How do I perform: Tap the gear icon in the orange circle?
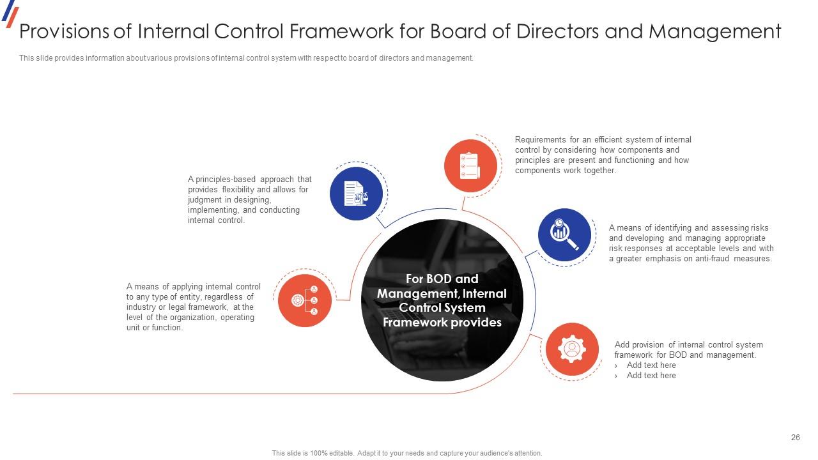tap(572, 349)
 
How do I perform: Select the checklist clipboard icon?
tap(470, 165)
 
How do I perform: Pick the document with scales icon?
tap(356, 194)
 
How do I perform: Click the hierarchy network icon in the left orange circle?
tap(305, 300)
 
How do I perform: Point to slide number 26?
tap(795, 438)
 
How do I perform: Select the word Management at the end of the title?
tap(714, 31)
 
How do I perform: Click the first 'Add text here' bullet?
tap(651, 365)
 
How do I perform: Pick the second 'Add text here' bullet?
tap(651, 376)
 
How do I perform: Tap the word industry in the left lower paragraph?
tap(141, 307)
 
